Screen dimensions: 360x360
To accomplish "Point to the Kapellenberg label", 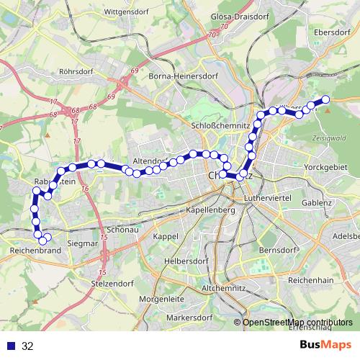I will tap(210, 210).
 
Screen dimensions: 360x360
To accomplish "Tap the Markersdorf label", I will tap(187, 318).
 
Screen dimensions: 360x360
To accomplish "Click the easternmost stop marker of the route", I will tap(325, 99).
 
